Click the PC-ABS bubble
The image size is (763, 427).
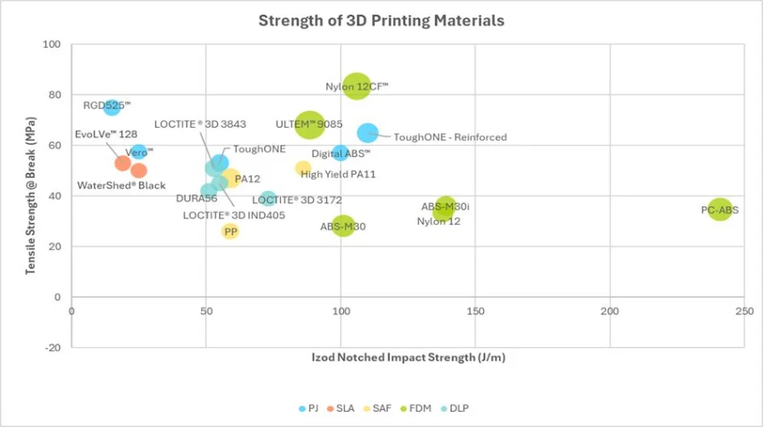[x=720, y=208]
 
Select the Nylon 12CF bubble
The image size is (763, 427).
[x=357, y=86]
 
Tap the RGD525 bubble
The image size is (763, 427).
[x=112, y=107]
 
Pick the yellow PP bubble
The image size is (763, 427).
[x=230, y=231]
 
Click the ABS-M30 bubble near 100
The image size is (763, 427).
[x=343, y=226]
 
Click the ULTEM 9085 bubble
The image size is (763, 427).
[x=309, y=124]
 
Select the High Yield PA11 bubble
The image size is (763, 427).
[x=303, y=168]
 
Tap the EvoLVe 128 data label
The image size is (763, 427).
[x=106, y=135]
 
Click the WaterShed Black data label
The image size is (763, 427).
[x=121, y=185]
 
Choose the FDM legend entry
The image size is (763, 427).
[x=416, y=409]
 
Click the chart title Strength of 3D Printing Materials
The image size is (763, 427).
[x=381, y=20]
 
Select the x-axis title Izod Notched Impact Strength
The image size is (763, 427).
[x=407, y=357]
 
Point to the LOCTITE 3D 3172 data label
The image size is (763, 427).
[x=297, y=199]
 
